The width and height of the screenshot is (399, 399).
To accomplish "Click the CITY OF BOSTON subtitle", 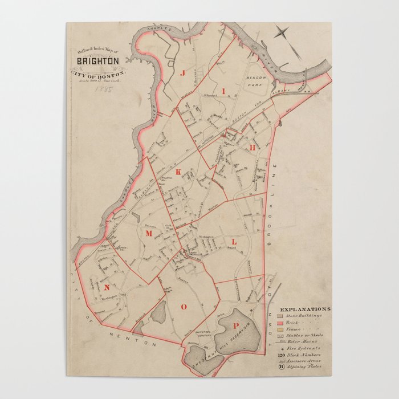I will (99, 73).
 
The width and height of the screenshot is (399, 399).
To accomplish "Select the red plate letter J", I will (183, 73).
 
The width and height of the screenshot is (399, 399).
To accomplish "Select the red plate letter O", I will (184, 307).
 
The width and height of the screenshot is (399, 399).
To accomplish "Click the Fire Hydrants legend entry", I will (303, 347).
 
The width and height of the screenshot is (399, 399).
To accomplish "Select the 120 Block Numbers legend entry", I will (300, 354).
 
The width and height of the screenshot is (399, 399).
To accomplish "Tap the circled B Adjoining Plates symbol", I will (280, 368).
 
